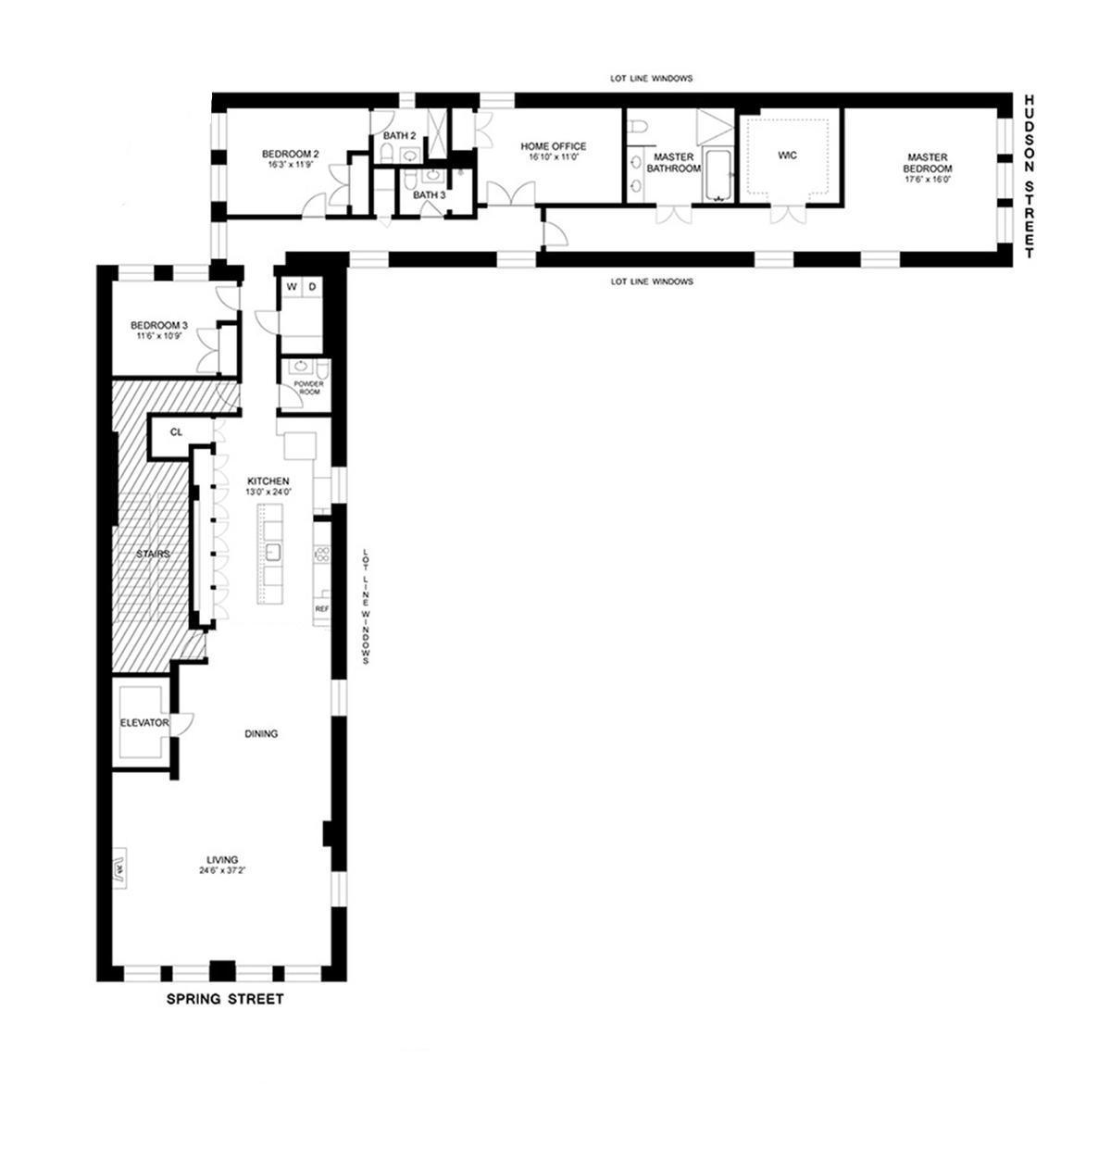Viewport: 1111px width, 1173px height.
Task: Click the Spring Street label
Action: (x=224, y=999)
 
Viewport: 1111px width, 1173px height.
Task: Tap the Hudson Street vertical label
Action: (x=1030, y=176)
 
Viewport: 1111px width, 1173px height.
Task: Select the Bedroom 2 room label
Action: (x=290, y=154)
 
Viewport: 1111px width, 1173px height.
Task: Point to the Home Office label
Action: (x=553, y=146)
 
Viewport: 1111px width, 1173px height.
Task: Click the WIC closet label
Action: (x=787, y=155)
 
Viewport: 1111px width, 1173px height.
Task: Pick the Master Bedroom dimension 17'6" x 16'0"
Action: (x=928, y=180)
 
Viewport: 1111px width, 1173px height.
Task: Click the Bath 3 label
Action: (x=429, y=195)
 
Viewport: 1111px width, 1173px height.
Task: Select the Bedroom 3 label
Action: (x=158, y=325)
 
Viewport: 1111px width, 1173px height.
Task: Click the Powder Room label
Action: (x=306, y=387)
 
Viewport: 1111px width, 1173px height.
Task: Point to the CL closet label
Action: (x=176, y=432)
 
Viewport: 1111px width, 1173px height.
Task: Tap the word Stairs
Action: (x=153, y=554)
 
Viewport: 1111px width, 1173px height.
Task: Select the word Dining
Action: (x=261, y=734)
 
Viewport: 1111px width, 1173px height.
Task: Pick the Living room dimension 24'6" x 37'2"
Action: (x=224, y=870)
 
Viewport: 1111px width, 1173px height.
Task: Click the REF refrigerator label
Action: (x=321, y=609)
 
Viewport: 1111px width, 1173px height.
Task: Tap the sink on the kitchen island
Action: (x=273, y=553)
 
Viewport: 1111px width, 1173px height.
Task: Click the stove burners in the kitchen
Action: (x=322, y=555)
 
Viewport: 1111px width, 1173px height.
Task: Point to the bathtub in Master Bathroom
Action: (x=718, y=176)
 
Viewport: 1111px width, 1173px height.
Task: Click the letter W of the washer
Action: (x=292, y=287)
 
